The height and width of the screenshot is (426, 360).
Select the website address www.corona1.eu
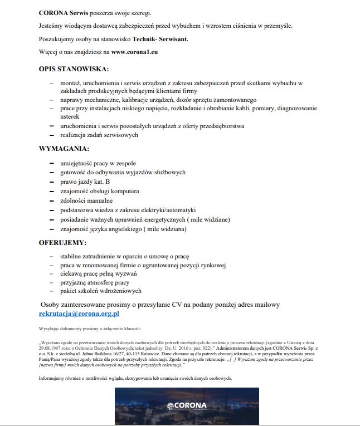[x=135, y=53]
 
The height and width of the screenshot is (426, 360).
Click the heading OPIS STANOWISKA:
[x=74, y=69]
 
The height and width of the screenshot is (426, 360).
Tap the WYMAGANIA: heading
[x=64, y=149]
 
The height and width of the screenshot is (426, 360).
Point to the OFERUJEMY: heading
[x=62, y=243]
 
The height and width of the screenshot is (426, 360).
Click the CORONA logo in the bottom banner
[x=187, y=405]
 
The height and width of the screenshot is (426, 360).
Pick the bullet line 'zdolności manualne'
[x=86, y=200]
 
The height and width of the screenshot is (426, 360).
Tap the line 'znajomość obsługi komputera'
[x=100, y=191]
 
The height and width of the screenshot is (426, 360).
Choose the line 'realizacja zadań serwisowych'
[x=99, y=135]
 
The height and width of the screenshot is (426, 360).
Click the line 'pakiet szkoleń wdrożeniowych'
[x=101, y=291]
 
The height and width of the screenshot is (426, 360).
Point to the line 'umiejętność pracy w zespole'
[x=98, y=163]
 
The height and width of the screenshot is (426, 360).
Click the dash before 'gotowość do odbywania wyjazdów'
[x=51, y=172]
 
